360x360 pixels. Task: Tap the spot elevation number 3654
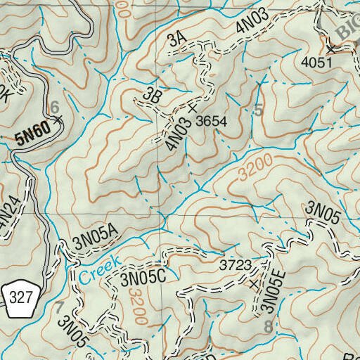coord(212,121)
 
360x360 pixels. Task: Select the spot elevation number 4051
coord(315,63)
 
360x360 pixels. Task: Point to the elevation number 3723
coord(235,266)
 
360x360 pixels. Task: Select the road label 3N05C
coord(142,278)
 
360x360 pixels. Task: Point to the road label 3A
coord(176,41)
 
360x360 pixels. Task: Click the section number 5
coord(258,110)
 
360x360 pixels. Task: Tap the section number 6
coord(54,107)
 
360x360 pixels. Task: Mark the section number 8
coord(267,327)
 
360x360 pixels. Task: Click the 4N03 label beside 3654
coord(178,134)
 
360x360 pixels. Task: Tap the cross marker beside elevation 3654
coord(192,109)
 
